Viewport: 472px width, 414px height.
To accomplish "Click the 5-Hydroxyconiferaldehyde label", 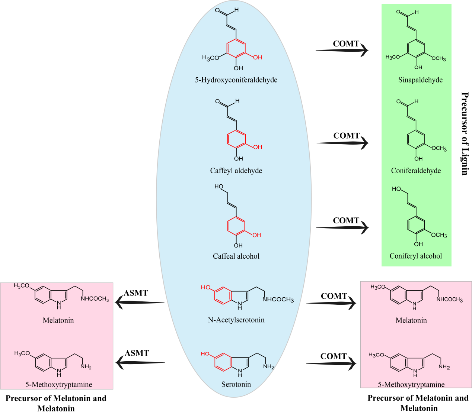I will click(x=236, y=80).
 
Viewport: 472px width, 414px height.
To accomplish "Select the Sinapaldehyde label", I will click(x=420, y=80).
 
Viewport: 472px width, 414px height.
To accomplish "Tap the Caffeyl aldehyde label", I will click(x=236, y=171).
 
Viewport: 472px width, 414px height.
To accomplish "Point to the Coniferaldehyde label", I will click(x=416, y=171).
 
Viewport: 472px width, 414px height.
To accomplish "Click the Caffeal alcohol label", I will click(x=236, y=256).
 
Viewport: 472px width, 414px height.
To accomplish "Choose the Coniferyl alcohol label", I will click(x=416, y=256).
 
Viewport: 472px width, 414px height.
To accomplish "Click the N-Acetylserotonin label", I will click(x=236, y=320).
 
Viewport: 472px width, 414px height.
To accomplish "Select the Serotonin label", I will click(x=236, y=384).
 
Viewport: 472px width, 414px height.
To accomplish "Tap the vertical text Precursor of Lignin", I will click(x=465, y=134).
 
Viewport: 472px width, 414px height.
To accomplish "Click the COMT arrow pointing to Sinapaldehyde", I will click(x=342, y=50).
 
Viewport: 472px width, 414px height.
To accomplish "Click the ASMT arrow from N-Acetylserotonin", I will click(x=140, y=303).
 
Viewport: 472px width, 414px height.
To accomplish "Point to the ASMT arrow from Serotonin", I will click(x=140, y=362).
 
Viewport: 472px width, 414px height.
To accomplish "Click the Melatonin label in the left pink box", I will click(x=58, y=320).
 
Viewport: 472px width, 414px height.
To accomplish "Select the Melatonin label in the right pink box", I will click(x=411, y=320).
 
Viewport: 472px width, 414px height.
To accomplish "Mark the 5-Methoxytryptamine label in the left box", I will click(x=59, y=385).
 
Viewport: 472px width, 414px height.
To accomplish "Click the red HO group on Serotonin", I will click(x=205, y=354).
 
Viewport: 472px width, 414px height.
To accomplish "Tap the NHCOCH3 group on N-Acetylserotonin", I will click(x=278, y=300).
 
